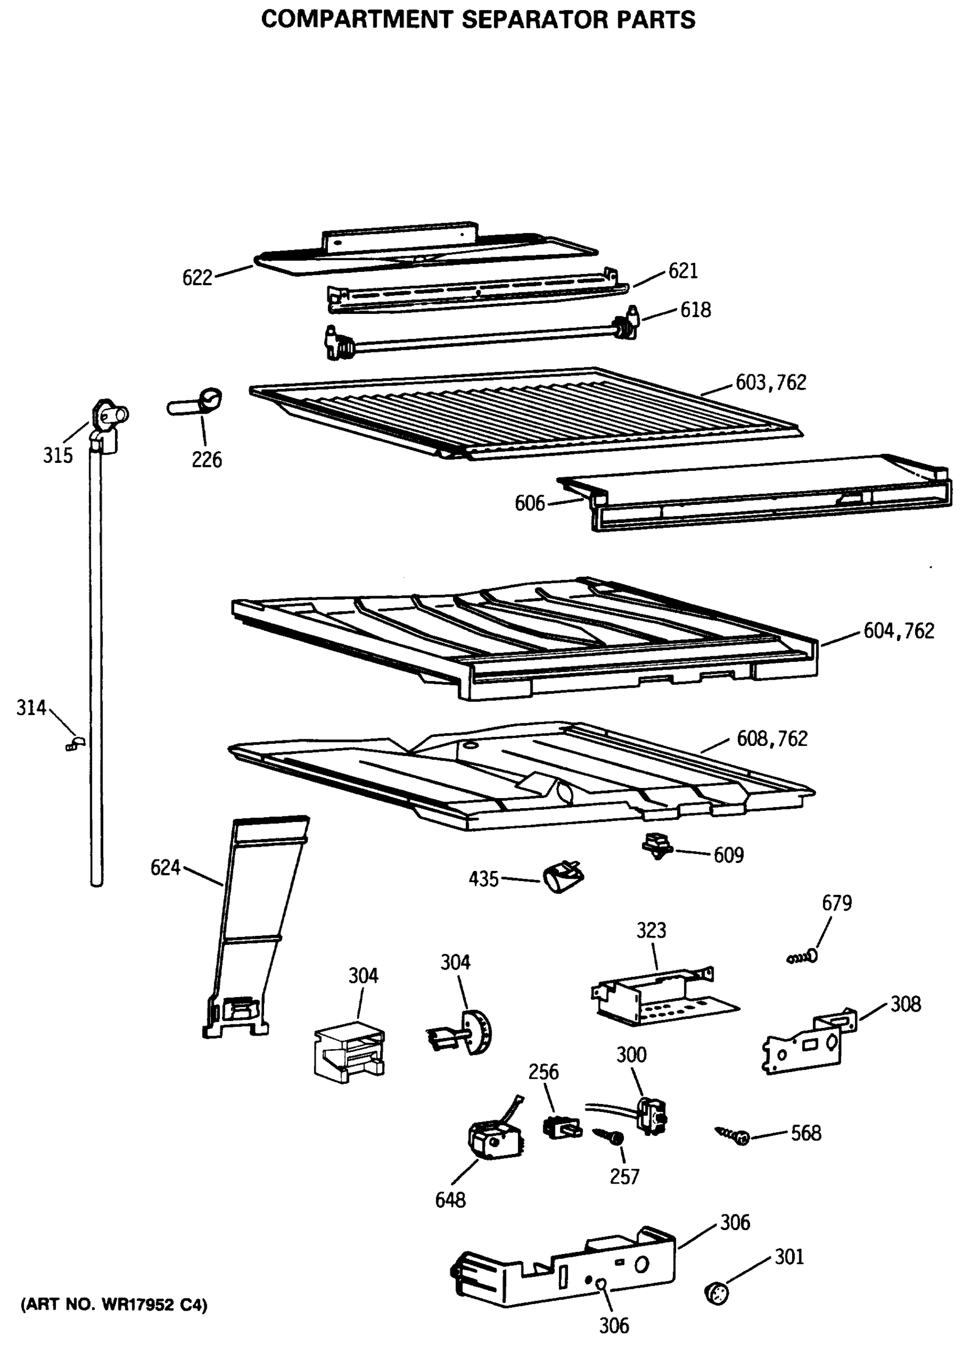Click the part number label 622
[197, 277]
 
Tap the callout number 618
[695, 309]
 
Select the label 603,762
[770, 383]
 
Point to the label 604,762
[898, 630]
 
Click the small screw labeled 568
[735, 1135]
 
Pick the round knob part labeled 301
[716, 1293]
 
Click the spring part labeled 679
[804, 957]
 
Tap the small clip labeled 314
[75, 744]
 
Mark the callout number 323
[651, 930]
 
